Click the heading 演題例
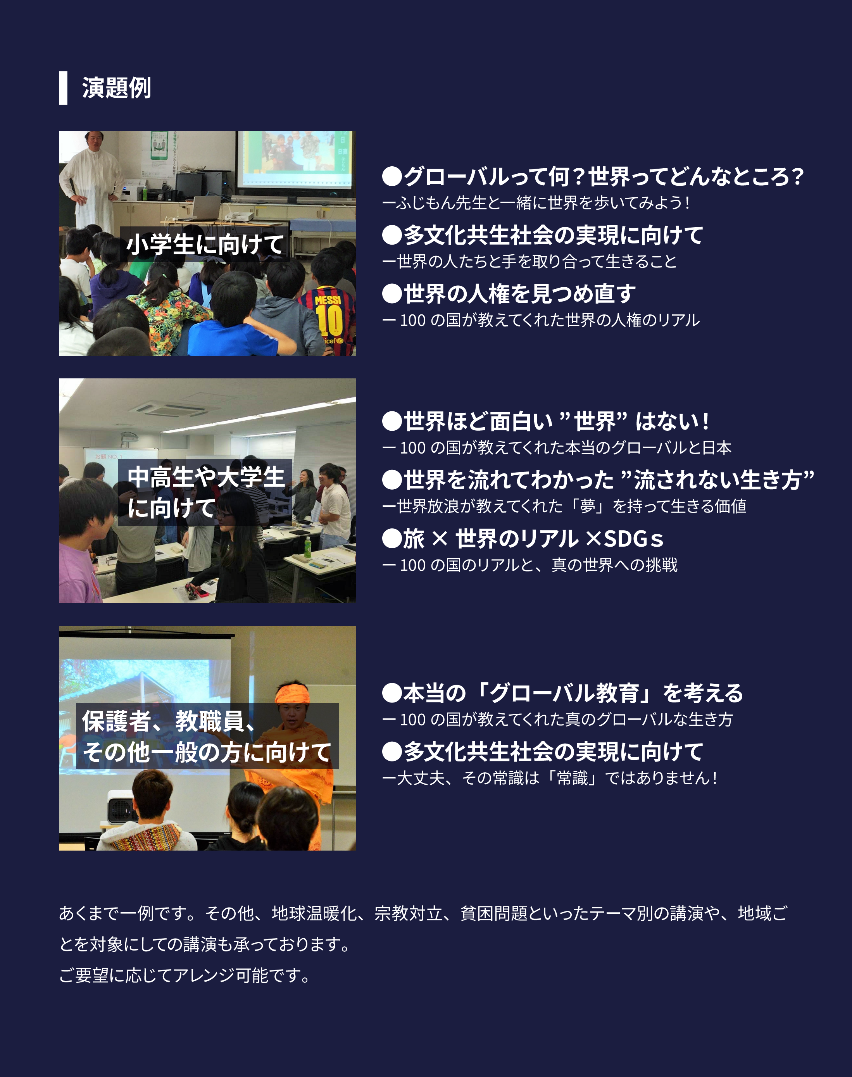(116, 88)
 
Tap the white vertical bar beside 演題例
(63, 88)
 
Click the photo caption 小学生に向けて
(205, 244)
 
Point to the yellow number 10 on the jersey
(329, 320)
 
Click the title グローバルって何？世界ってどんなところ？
(593, 176)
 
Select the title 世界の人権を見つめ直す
(509, 293)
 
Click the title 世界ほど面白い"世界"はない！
(546, 421)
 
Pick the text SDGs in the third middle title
(633, 539)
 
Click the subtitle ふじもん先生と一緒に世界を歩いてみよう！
(536, 202)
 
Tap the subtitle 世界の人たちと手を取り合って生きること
(529, 261)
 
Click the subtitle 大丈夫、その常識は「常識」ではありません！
(550, 778)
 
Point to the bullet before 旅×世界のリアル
(392, 539)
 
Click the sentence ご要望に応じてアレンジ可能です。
(185, 975)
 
